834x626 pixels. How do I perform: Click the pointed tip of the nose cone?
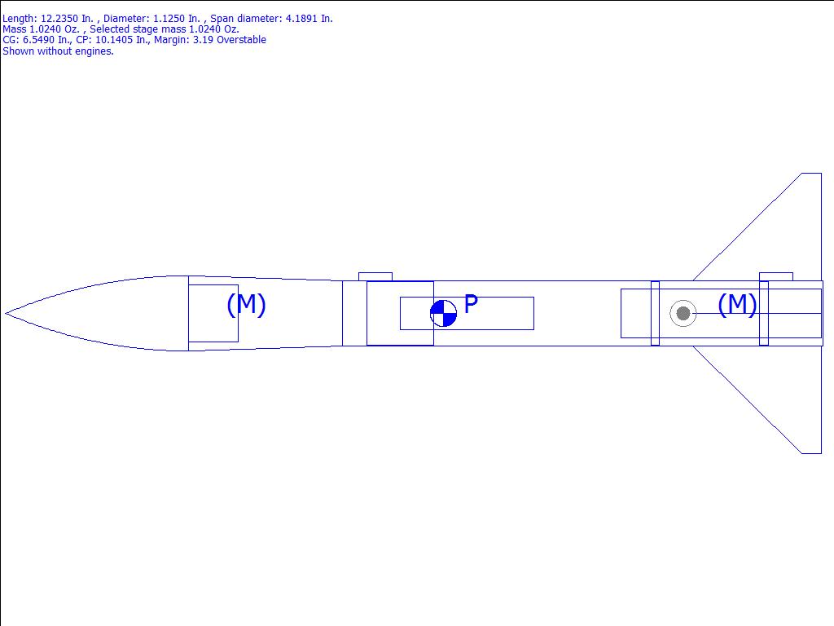coord(6,313)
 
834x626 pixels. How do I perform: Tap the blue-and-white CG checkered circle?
coord(443,313)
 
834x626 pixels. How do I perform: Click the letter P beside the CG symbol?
coord(472,304)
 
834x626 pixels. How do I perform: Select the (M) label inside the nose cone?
coord(246,305)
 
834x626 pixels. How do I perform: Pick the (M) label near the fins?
coord(737,305)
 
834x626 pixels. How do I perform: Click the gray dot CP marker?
coord(683,313)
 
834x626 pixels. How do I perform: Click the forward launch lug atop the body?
coord(375,277)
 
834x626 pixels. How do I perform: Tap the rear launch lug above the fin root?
coord(776,277)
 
